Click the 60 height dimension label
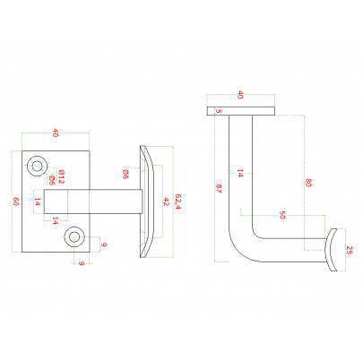[16, 201]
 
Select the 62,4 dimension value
[178, 201]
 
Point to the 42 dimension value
[166, 201]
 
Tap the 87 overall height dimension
[219, 189]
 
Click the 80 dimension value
[308, 183]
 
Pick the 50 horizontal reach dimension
[282, 215]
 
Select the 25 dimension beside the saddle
[350, 250]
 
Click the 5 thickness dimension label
[219, 111]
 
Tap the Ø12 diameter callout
[61, 176]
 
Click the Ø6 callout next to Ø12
[51, 180]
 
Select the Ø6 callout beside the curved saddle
[125, 174]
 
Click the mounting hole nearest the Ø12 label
[37, 166]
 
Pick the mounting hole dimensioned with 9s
[74, 237]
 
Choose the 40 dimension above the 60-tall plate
[56, 133]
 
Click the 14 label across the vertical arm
[239, 173]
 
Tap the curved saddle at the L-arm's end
[331, 250]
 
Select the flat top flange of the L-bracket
[241, 111]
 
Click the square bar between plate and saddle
[93, 201]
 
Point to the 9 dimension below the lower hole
[82, 263]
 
